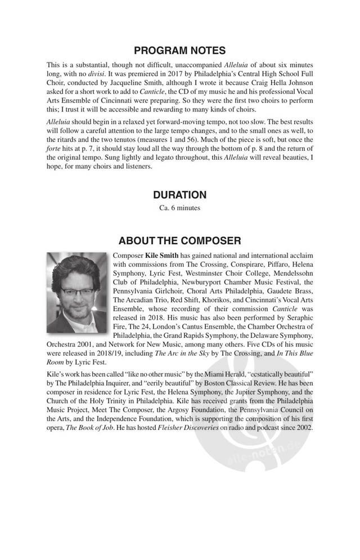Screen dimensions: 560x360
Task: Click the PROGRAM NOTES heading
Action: (x=179, y=51)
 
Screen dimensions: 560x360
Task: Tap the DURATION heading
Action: (x=179, y=195)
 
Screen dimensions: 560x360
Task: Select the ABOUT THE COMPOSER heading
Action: (x=179, y=241)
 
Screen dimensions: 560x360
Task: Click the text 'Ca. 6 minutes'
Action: (x=179, y=208)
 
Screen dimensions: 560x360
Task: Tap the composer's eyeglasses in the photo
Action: (x=77, y=291)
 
